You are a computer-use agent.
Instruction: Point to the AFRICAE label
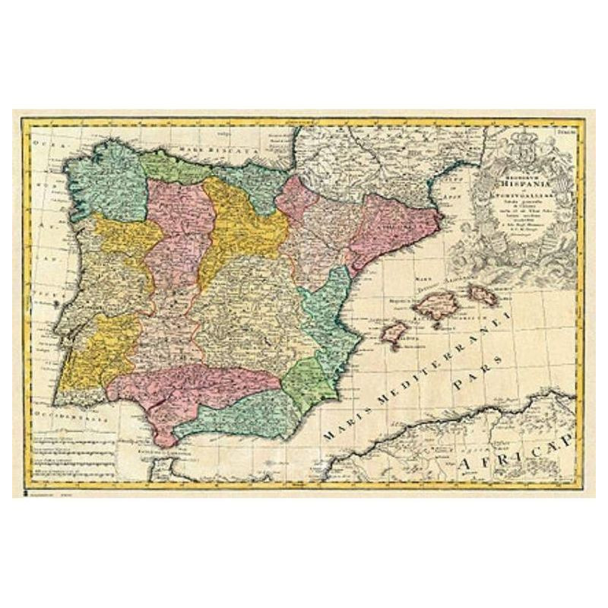[524, 451]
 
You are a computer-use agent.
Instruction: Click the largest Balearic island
[437, 305]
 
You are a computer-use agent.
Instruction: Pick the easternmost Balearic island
[481, 293]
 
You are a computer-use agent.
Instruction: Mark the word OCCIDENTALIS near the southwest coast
[72, 416]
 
